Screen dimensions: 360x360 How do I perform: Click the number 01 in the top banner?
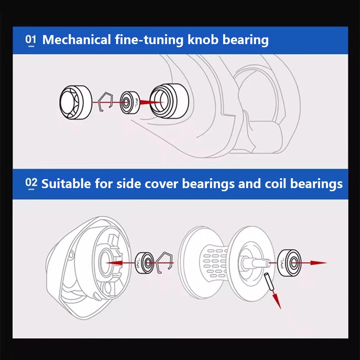click(x=31, y=40)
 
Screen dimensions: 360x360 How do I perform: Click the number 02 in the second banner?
click(x=31, y=184)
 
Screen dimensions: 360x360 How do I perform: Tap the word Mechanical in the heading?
click(x=76, y=40)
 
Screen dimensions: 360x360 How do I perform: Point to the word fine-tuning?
click(x=149, y=40)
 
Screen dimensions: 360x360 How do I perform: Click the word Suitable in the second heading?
click(x=66, y=184)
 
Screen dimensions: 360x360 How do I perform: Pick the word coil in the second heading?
click(x=275, y=184)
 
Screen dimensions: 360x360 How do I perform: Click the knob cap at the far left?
click(x=76, y=103)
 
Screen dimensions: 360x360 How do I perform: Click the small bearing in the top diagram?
click(x=130, y=103)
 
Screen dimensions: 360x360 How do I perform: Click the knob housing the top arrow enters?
click(x=170, y=101)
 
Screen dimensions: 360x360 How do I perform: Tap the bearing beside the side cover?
click(x=144, y=263)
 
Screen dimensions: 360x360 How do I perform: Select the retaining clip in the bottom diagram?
click(x=164, y=262)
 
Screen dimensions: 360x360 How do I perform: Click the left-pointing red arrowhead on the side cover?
click(x=114, y=263)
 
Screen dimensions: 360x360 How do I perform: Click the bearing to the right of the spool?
click(x=289, y=263)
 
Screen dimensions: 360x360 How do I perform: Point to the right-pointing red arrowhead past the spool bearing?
click(x=319, y=263)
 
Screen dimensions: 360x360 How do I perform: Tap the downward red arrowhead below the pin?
click(x=277, y=301)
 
